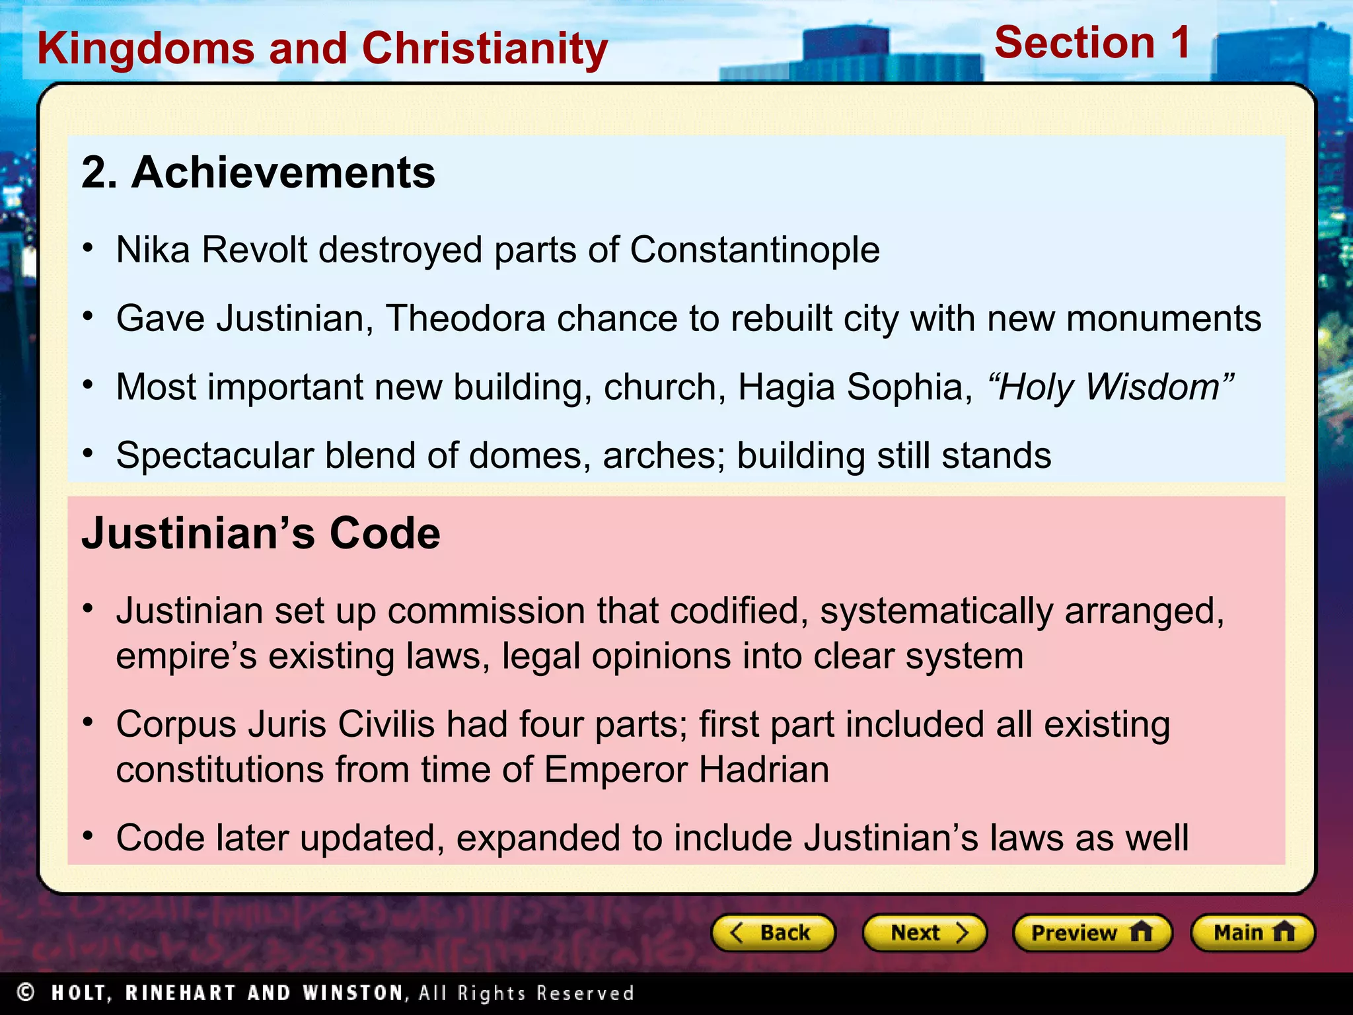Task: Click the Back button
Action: (772, 932)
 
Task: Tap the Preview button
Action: (1091, 932)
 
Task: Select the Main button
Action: (1253, 932)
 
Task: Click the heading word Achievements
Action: (283, 172)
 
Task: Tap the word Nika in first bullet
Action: (153, 250)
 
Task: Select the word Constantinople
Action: (754, 250)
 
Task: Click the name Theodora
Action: (465, 319)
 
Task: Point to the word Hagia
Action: (786, 387)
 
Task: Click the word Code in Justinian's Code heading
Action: (384, 533)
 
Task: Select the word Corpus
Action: (176, 725)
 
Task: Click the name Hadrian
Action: (764, 770)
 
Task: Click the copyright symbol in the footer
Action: (26, 993)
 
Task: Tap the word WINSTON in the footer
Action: (353, 993)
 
